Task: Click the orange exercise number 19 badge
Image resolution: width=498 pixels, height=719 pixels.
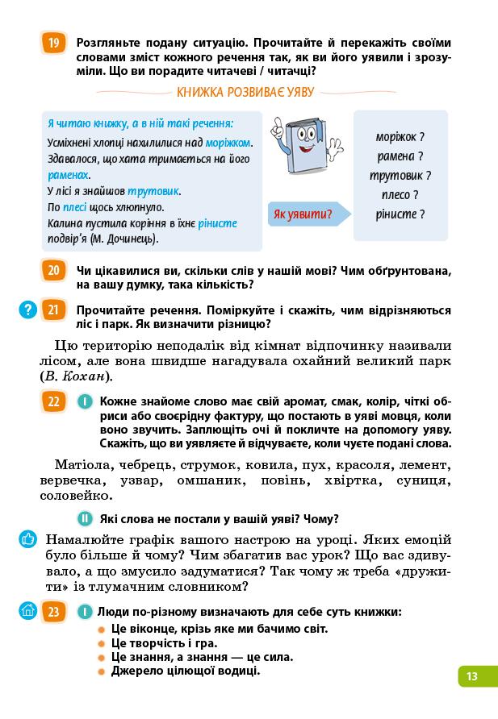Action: coord(53,43)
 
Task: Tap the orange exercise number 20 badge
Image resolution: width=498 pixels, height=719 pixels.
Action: coord(53,270)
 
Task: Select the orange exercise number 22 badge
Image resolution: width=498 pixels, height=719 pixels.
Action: coord(53,401)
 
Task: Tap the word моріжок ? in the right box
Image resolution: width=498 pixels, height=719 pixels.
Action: coord(400,137)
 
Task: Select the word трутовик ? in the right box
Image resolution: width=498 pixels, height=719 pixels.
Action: coord(400,175)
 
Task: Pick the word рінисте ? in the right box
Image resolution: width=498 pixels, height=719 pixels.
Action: coord(400,214)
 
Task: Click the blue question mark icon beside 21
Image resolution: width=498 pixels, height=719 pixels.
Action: coord(27,309)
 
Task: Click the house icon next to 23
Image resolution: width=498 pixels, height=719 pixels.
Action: coord(27,611)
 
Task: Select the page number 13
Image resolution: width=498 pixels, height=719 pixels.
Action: coord(472,676)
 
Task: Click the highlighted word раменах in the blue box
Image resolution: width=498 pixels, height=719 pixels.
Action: coord(68,175)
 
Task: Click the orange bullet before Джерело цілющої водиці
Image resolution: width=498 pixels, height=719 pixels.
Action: coord(101,671)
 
